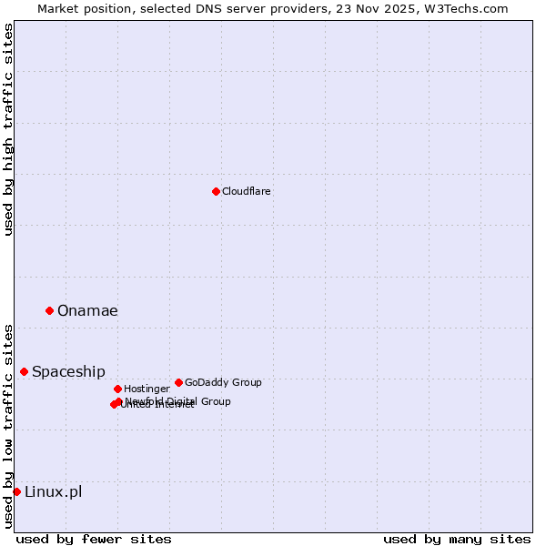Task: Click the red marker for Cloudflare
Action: point(216,191)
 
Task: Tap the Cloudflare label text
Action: point(246,191)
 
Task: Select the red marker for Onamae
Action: point(49,310)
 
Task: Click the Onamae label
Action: point(87,311)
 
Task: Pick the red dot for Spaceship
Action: point(24,371)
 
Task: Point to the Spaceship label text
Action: point(68,372)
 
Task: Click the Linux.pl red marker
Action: point(16,491)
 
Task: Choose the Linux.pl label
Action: point(53,492)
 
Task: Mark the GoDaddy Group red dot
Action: point(178,382)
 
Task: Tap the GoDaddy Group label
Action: point(223,382)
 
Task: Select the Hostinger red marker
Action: point(117,389)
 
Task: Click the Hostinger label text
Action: point(147,389)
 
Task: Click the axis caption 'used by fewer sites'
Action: point(94,539)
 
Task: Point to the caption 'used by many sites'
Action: point(457,539)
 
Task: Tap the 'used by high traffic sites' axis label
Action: point(9,129)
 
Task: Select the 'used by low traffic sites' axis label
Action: point(9,426)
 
